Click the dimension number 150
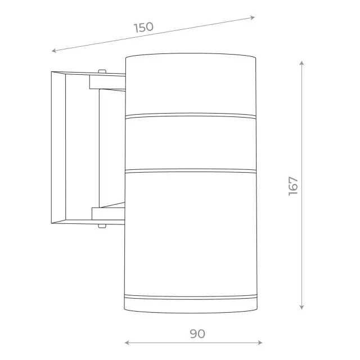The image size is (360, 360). (x=144, y=28)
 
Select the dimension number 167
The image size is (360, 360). (x=293, y=186)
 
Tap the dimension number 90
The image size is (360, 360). (x=197, y=334)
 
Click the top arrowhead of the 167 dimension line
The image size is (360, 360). (x=301, y=63)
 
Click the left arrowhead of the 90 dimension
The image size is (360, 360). (x=127, y=343)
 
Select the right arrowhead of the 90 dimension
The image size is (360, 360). (x=260, y=343)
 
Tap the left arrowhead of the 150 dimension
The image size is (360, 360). (x=54, y=51)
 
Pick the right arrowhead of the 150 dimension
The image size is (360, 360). (x=253, y=17)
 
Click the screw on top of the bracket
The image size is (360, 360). (x=102, y=71)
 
